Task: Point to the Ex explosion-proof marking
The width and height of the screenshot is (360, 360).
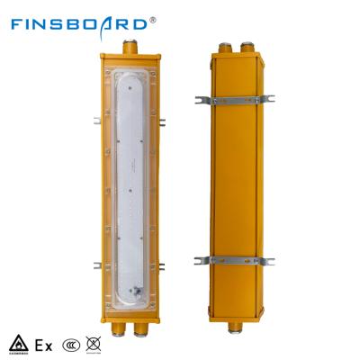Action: pyautogui.click(x=42, y=343)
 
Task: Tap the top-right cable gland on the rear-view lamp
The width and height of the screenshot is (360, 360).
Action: pyautogui.click(x=246, y=43)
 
